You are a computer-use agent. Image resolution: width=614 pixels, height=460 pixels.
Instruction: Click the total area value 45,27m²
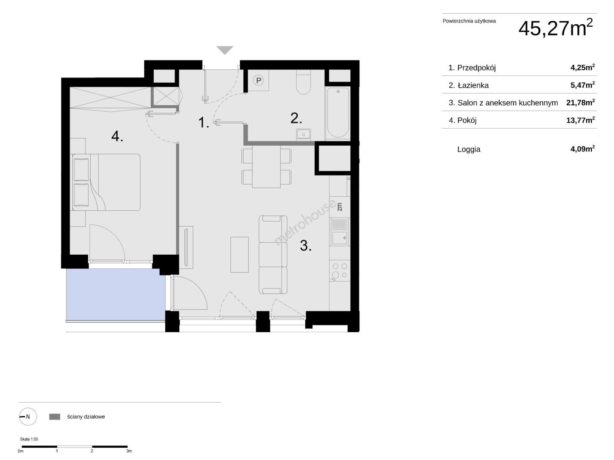tap(555, 28)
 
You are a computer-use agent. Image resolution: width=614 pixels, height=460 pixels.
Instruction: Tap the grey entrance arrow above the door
tap(225, 50)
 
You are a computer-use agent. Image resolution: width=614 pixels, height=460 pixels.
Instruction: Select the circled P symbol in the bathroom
tap(258, 80)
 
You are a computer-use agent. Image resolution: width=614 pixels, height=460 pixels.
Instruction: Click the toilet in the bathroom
tap(304, 82)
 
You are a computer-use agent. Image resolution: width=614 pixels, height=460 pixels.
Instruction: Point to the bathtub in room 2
tap(338, 113)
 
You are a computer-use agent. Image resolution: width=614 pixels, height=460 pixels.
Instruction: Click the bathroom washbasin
tap(304, 134)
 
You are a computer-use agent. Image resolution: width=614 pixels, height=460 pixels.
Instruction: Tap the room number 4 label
tap(117, 137)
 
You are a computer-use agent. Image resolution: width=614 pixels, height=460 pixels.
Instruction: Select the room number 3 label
tap(305, 245)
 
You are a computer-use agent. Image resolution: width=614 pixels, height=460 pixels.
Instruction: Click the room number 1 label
tap(204, 122)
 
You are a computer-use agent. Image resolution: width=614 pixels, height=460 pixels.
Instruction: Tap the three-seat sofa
tap(273, 255)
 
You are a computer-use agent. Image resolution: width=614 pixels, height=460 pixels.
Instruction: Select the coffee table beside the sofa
tap(239, 255)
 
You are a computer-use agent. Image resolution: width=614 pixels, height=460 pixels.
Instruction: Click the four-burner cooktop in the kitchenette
tap(340, 271)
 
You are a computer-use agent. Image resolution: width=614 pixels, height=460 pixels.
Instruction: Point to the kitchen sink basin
tap(340, 238)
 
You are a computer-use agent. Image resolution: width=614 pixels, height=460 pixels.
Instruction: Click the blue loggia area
tap(115, 294)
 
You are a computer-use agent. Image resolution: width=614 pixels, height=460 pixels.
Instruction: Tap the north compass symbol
tap(28, 417)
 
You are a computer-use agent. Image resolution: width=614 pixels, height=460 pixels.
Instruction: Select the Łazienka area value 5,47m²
tap(582, 85)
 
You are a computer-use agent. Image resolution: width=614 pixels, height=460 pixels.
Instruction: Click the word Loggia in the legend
tap(468, 149)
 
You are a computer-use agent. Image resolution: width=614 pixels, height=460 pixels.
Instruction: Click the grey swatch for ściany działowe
tap(55, 417)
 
